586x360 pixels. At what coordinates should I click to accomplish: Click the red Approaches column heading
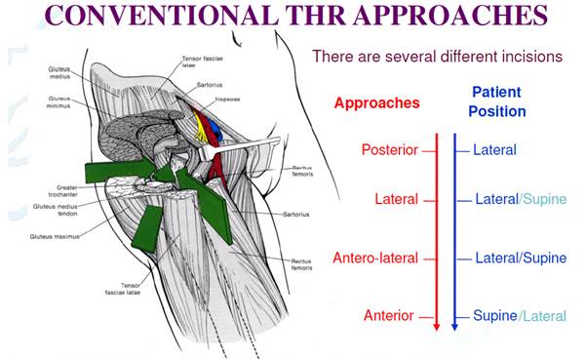376,101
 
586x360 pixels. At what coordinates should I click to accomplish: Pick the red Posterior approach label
389,150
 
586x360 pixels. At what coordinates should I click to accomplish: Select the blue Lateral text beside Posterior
494,150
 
